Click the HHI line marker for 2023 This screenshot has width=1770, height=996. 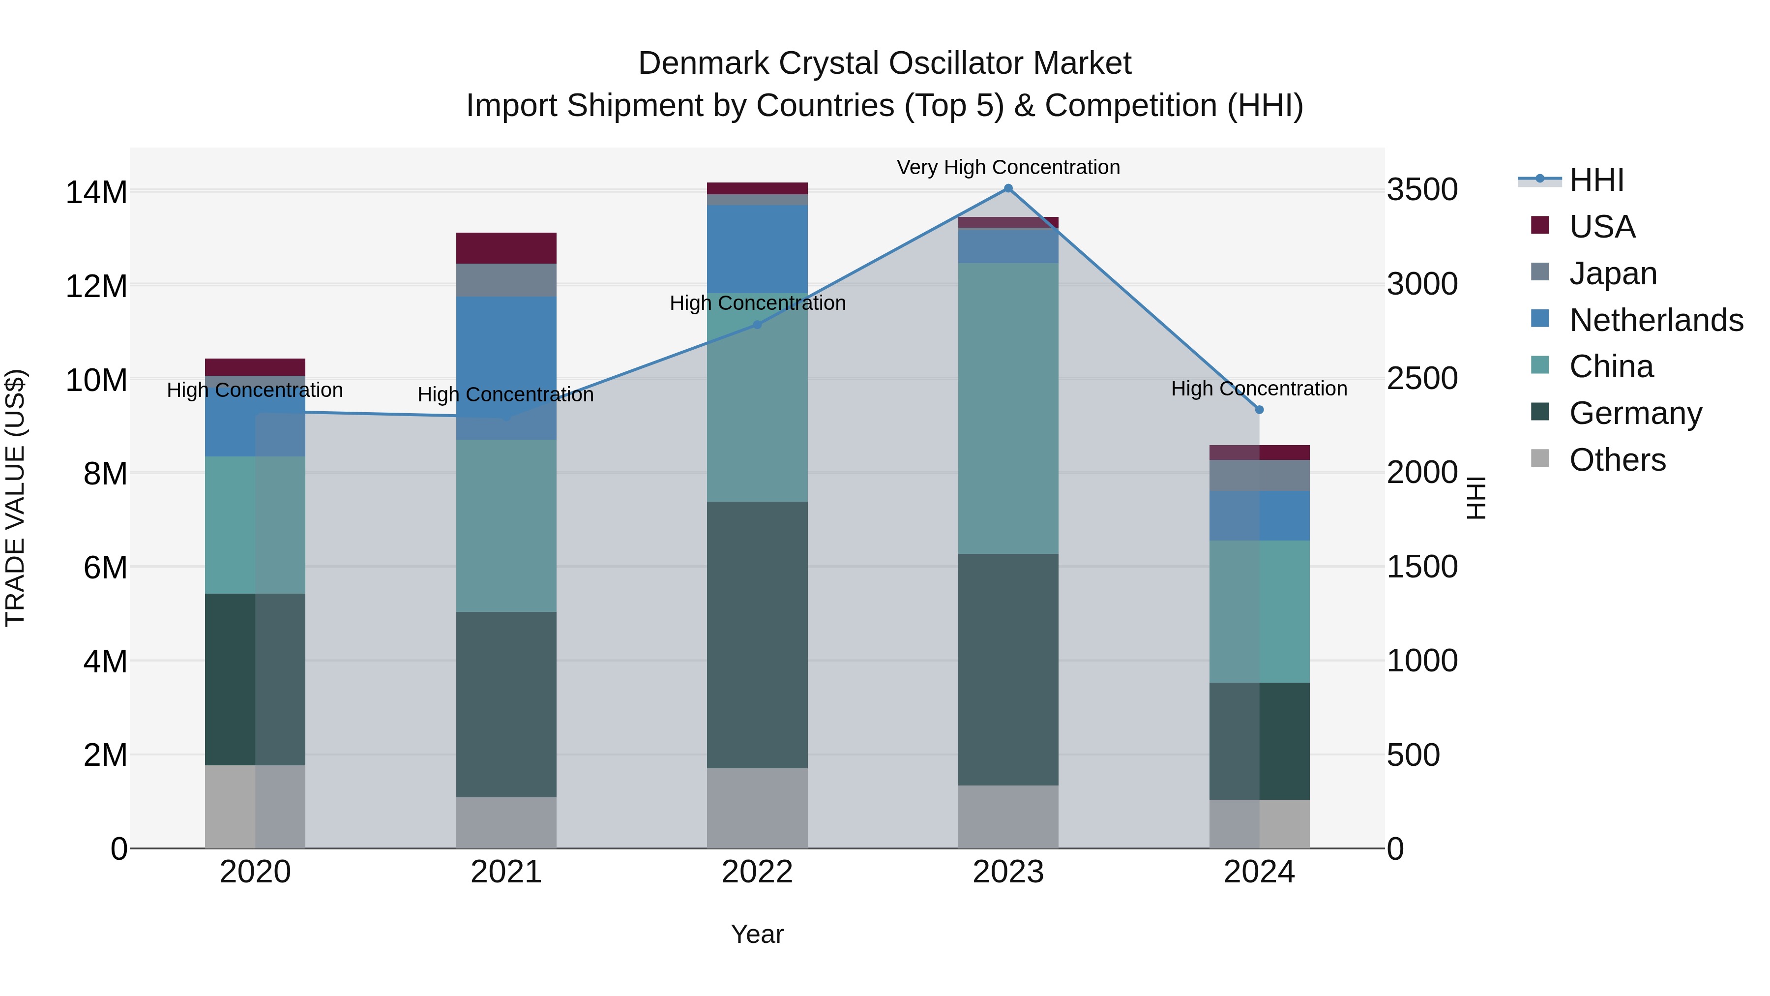coord(1008,188)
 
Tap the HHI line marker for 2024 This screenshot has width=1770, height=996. coord(1259,410)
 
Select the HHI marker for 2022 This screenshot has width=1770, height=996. coord(757,325)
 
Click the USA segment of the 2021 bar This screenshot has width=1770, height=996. coord(506,248)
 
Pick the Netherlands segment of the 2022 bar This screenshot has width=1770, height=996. coord(757,249)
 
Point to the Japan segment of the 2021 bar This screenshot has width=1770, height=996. coord(506,280)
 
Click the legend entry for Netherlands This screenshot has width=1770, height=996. coord(1656,320)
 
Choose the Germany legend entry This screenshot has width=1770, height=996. coord(1635,413)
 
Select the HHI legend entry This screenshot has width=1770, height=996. coord(1596,180)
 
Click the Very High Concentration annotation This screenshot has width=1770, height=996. coord(1008,167)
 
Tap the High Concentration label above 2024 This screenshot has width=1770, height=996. coord(1259,389)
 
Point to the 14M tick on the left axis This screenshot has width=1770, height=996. coord(96,192)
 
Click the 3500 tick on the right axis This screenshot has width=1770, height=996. coord(1421,190)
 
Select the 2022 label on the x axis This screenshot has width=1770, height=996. coord(757,872)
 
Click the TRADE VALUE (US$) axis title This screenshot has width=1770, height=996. coord(15,498)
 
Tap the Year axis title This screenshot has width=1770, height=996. coord(757,934)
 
